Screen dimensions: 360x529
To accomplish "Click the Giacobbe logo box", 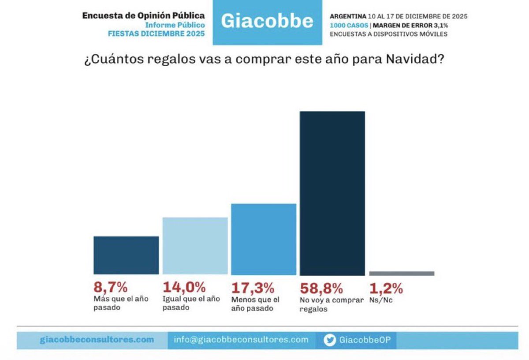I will click(267, 22).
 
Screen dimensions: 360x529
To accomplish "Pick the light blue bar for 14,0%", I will click(195, 246).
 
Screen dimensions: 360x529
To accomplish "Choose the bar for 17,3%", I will click(264, 239).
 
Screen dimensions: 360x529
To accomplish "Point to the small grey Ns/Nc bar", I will click(402, 274).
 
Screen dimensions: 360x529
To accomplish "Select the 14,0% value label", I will click(184, 287).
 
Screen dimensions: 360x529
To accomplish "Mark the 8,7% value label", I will click(111, 287).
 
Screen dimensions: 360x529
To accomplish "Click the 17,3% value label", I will click(253, 288).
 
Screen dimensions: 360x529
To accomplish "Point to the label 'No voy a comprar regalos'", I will click(332, 304).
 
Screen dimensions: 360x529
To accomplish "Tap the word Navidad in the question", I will click(415, 59).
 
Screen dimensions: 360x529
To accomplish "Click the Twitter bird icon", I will click(329, 340).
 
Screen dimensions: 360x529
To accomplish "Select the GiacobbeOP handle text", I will click(365, 340).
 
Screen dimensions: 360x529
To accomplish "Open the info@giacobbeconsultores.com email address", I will click(241, 340).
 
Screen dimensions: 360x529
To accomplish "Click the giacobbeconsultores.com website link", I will click(97, 340).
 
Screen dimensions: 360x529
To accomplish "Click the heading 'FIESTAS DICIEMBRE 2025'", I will click(156, 34).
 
